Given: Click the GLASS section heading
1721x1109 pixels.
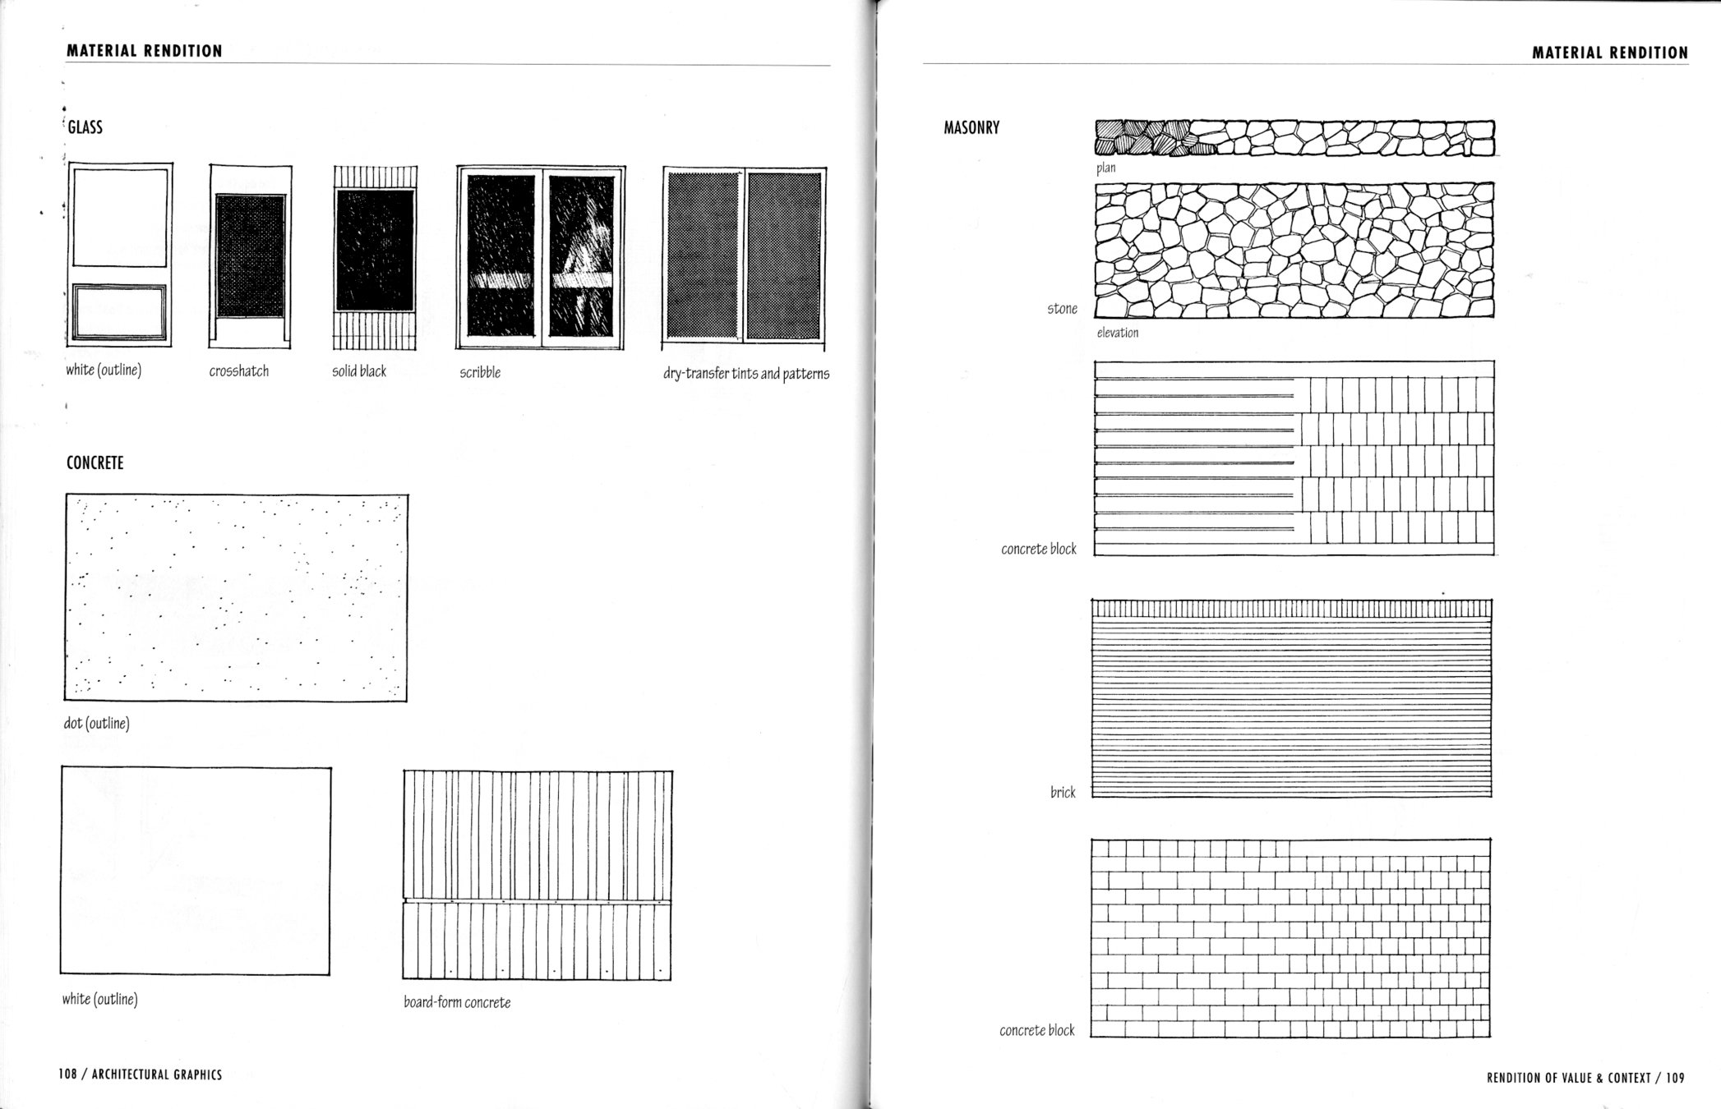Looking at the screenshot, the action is (x=85, y=127).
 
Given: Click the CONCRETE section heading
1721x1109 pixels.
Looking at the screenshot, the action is (x=95, y=462).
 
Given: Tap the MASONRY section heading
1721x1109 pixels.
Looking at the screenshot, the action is (x=971, y=128).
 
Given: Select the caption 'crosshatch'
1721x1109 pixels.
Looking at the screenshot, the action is (x=238, y=371).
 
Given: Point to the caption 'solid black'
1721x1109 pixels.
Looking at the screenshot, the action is (x=358, y=371).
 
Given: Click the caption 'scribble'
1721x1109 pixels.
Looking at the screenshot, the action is (x=480, y=372).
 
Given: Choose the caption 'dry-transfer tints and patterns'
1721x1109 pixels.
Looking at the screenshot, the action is (x=745, y=374).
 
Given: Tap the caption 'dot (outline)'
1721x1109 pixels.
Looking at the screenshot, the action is (x=97, y=723).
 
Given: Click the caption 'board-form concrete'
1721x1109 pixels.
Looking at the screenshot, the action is (x=457, y=1002).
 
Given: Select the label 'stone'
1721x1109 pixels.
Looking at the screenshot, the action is (x=1062, y=309).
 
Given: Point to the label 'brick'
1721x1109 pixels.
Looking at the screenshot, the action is (x=1063, y=793).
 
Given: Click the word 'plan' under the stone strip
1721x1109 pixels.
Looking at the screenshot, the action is (x=1105, y=168).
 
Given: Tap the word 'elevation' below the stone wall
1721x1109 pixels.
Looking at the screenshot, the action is (x=1117, y=333).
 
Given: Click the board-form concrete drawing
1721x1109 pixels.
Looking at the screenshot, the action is (x=538, y=875).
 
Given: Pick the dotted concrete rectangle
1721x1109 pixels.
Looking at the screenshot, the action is (x=236, y=597).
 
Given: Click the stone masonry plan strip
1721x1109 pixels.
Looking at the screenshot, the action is (x=1294, y=137).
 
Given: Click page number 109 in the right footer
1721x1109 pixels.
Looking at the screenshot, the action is (x=1675, y=1078).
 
